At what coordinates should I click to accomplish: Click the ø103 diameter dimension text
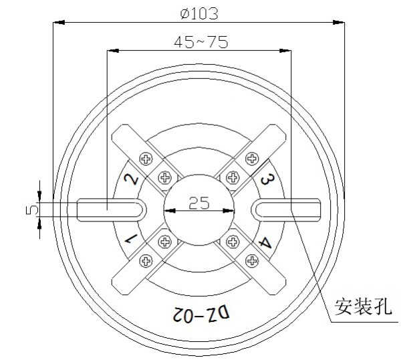200,12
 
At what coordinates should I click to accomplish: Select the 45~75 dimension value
200,41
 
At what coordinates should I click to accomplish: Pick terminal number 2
132,179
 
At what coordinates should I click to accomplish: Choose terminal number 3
266,179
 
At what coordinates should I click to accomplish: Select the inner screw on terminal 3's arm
233,178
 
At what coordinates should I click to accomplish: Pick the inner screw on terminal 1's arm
164,240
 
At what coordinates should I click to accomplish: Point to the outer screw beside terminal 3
251,159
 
